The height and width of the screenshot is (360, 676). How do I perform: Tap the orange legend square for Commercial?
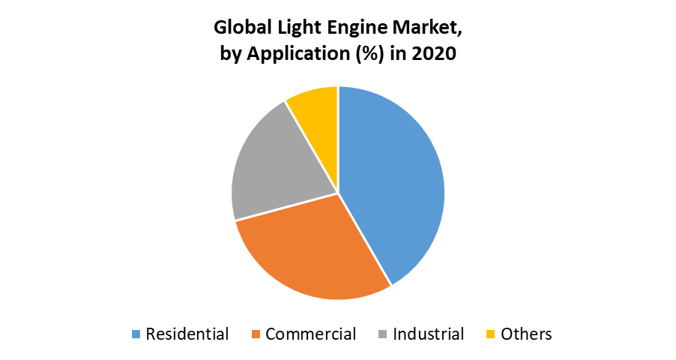click(x=255, y=334)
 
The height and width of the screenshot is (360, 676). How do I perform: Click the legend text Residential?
click(x=187, y=334)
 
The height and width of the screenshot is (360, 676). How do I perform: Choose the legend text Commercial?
click(x=310, y=334)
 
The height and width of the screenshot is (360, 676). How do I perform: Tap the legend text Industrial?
click(x=428, y=334)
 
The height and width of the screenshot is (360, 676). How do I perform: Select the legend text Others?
click(x=526, y=334)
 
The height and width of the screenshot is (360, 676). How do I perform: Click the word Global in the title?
click(x=241, y=28)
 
